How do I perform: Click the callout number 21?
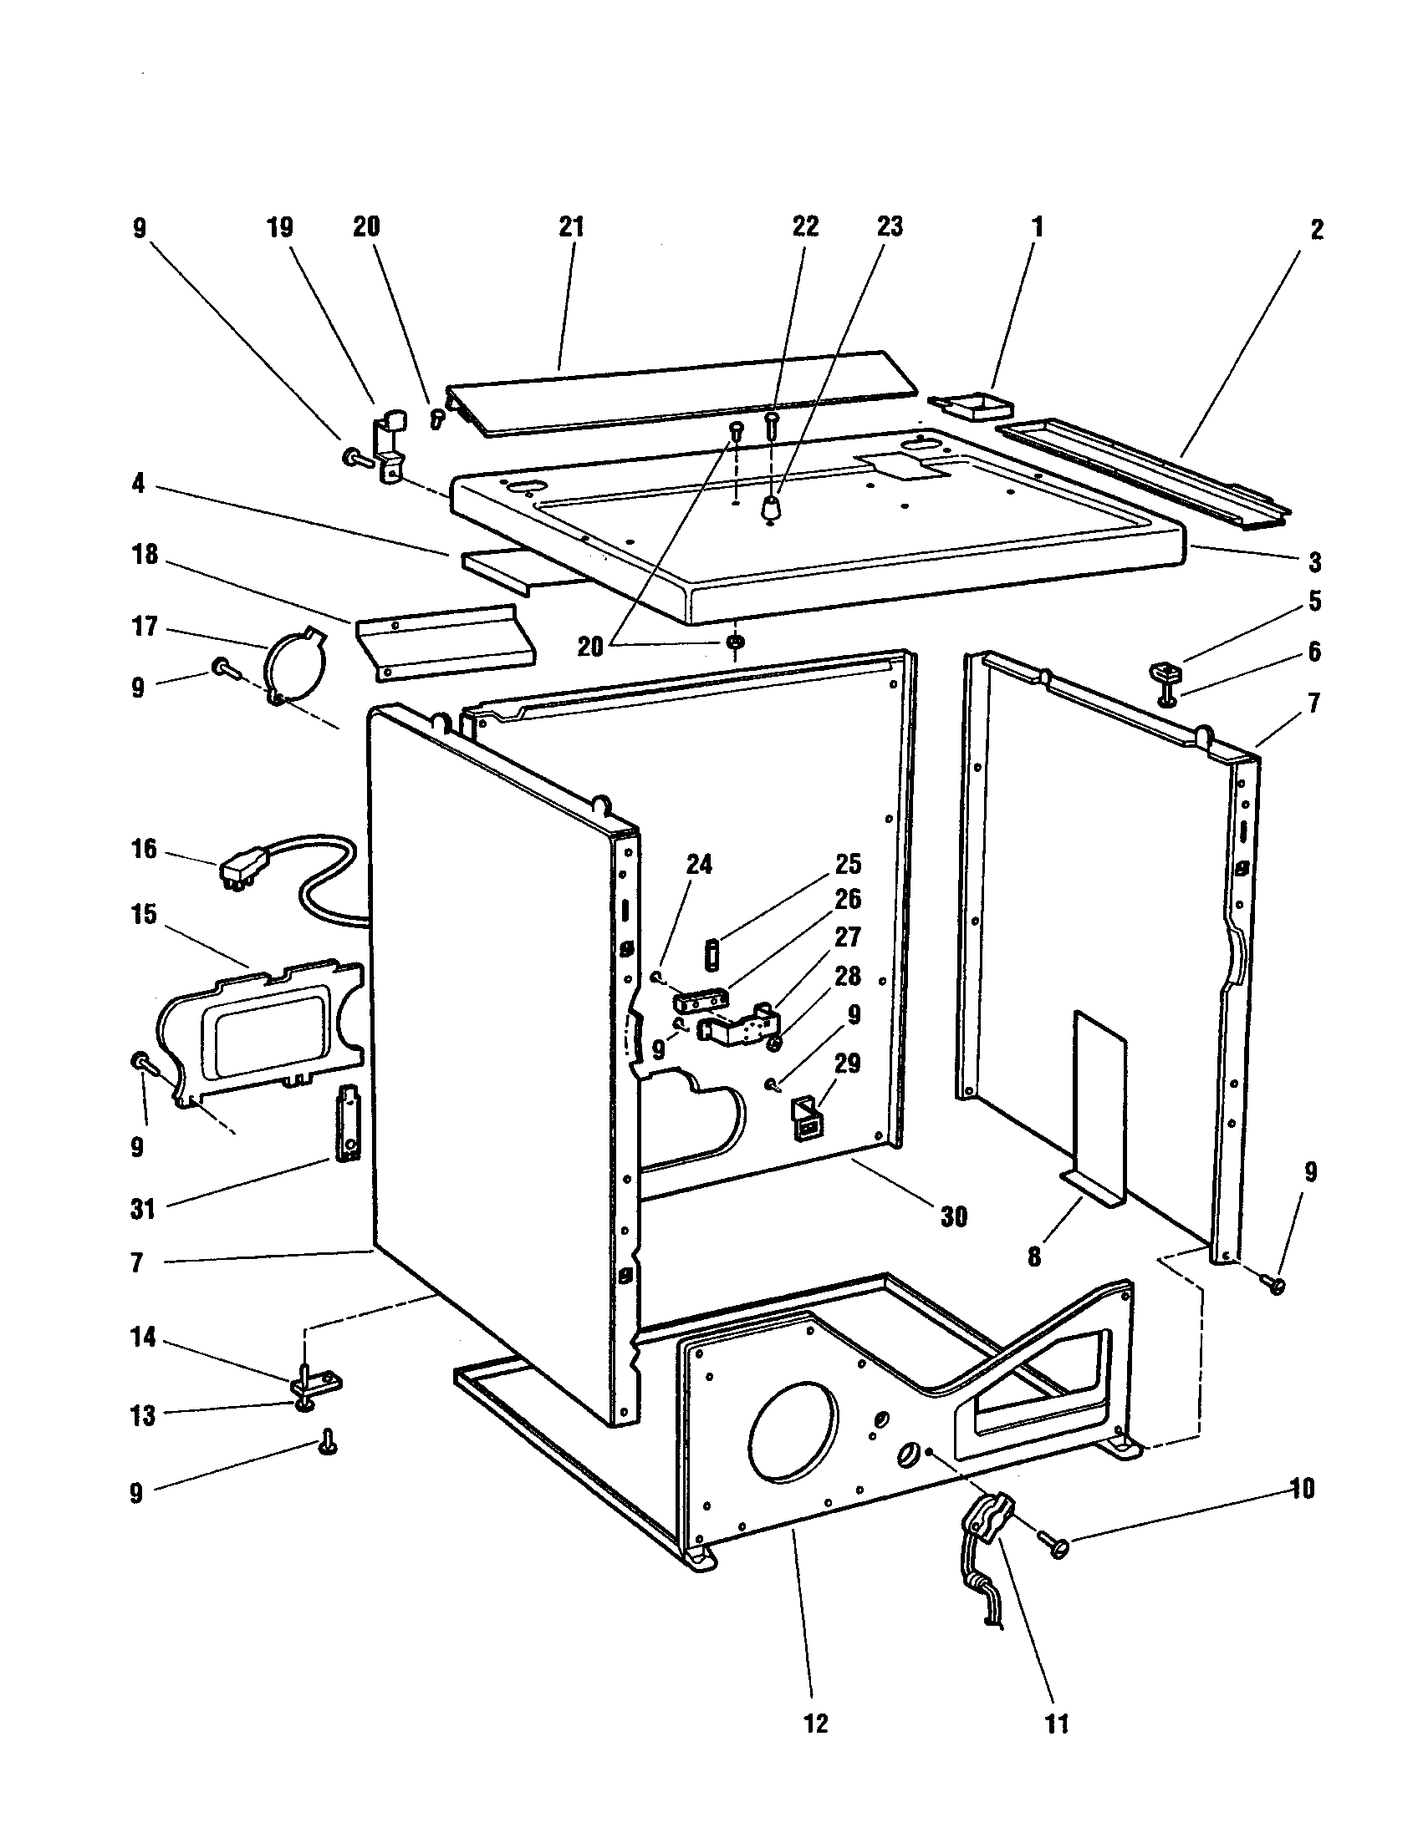pyautogui.click(x=571, y=227)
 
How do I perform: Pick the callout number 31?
pyautogui.click(x=143, y=1210)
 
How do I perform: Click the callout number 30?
pyautogui.click(x=953, y=1216)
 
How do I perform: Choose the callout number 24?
pyautogui.click(x=698, y=865)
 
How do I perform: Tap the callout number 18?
pyautogui.click(x=145, y=555)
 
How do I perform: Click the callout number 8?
pyautogui.click(x=1034, y=1257)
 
